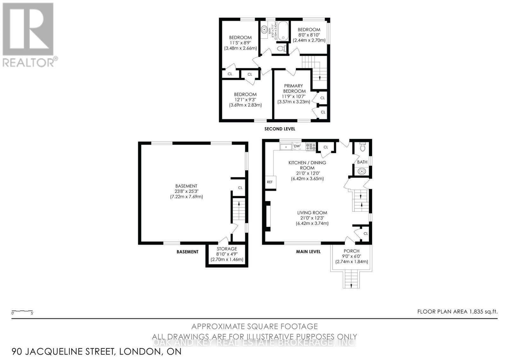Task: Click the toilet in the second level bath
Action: (x=281, y=48)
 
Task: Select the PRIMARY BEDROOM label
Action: (x=293, y=88)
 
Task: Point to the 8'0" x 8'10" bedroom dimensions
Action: (x=309, y=35)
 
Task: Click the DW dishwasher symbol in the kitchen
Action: (x=297, y=146)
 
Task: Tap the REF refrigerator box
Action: (x=270, y=182)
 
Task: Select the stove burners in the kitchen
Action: (x=310, y=146)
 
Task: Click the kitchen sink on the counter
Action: (x=286, y=147)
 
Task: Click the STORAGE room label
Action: (x=227, y=249)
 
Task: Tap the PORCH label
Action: (x=352, y=251)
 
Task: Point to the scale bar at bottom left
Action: (x=22, y=311)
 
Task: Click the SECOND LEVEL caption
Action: (x=280, y=129)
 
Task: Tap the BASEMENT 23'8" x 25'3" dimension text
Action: (x=186, y=191)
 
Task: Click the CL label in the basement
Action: (x=240, y=188)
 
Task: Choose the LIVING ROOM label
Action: (x=312, y=213)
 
